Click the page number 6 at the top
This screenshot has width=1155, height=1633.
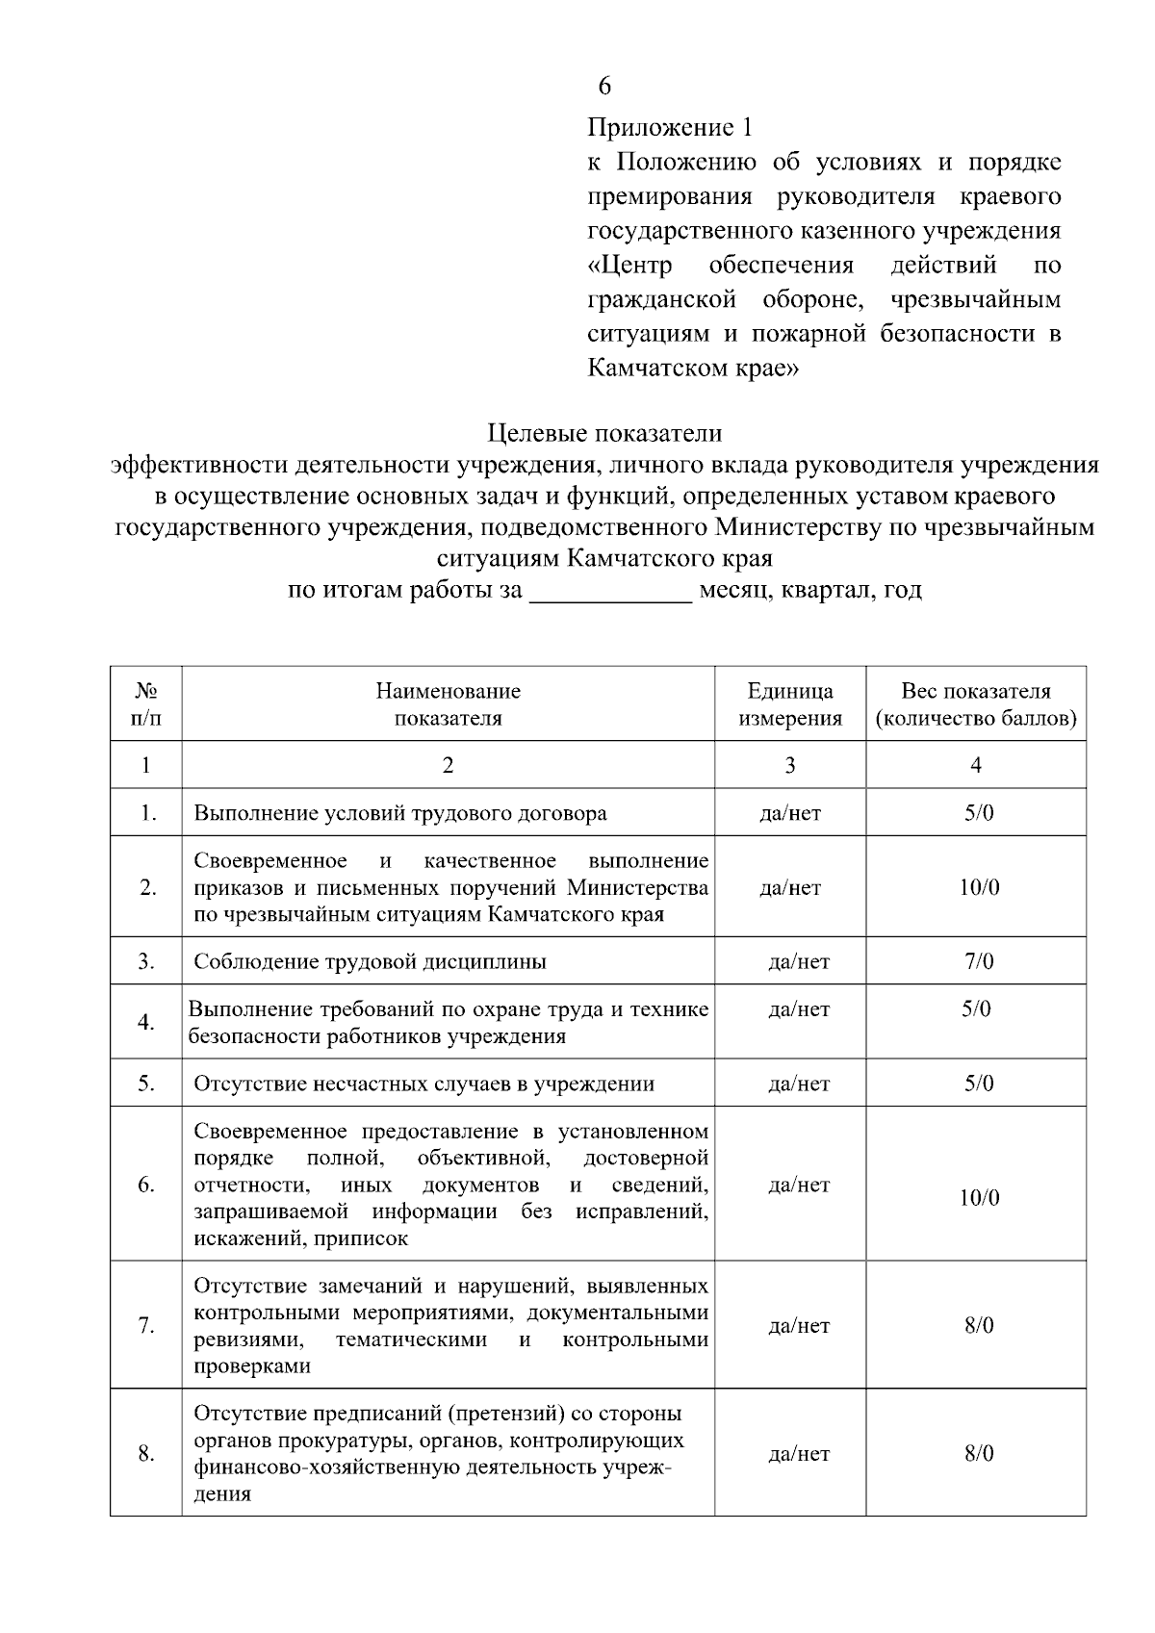(x=603, y=87)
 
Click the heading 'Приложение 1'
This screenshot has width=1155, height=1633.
(x=669, y=127)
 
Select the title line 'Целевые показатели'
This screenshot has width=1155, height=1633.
(x=604, y=434)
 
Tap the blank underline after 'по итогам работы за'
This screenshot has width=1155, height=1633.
(x=611, y=590)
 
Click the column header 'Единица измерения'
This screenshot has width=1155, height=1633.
(x=790, y=704)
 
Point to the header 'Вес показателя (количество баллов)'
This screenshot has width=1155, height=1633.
(x=975, y=704)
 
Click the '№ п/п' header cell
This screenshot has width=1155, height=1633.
(x=146, y=704)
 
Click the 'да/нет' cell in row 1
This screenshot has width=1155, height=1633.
(x=790, y=813)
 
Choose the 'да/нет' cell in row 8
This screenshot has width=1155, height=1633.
(x=799, y=1453)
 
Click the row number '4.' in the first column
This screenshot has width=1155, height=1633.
(x=146, y=1022)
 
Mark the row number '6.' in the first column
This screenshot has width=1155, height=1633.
(x=146, y=1185)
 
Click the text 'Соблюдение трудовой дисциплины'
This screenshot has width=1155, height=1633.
(x=371, y=961)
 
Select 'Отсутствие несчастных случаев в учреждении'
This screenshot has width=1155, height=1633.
(x=423, y=1084)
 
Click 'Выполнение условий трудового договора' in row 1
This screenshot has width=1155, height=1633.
(x=400, y=813)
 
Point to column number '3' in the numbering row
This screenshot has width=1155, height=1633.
(x=790, y=765)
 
